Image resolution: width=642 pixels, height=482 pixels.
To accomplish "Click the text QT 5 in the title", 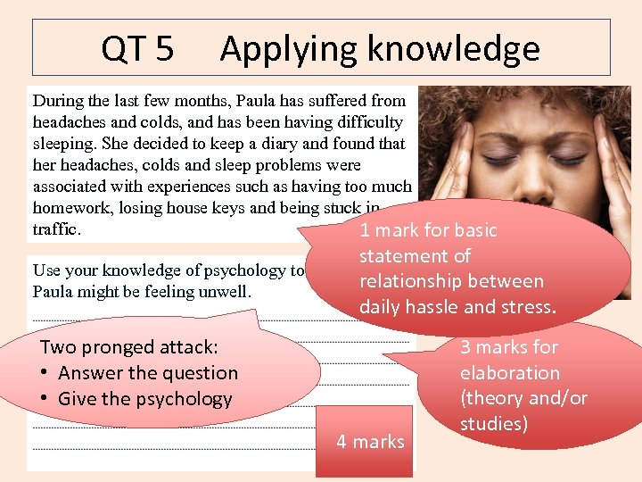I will [x=137, y=48].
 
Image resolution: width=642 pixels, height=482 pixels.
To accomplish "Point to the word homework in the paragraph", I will [x=69, y=208].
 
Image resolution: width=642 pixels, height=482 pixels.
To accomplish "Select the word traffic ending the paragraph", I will [x=56, y=229].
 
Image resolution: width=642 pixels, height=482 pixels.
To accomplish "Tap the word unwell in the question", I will [x=226, y=292].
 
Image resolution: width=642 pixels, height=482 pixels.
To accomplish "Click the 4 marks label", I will [x=370, y=441].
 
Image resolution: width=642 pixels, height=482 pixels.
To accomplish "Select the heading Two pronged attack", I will [x=129, y=347].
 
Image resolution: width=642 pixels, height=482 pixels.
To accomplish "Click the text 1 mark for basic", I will [x=428, y=230].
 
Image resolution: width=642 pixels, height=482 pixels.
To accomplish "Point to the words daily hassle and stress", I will [x=457, y=307].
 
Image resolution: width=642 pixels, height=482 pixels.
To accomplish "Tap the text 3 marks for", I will [x=509, y=347].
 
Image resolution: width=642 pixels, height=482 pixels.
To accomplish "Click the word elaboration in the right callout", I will [x=510, y=373].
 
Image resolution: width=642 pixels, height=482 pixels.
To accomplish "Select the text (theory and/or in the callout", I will [x=524, y=398].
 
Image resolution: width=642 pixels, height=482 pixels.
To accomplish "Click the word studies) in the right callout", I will [x=494, y=423].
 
